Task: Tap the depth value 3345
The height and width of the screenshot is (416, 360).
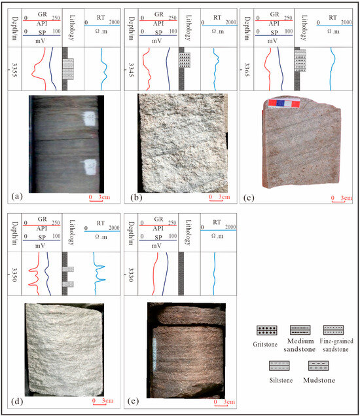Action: [x=128, y=63]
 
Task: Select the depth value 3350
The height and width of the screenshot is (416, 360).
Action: [x=14, y=274]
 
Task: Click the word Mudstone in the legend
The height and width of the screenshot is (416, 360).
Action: [x=318, y=379]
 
